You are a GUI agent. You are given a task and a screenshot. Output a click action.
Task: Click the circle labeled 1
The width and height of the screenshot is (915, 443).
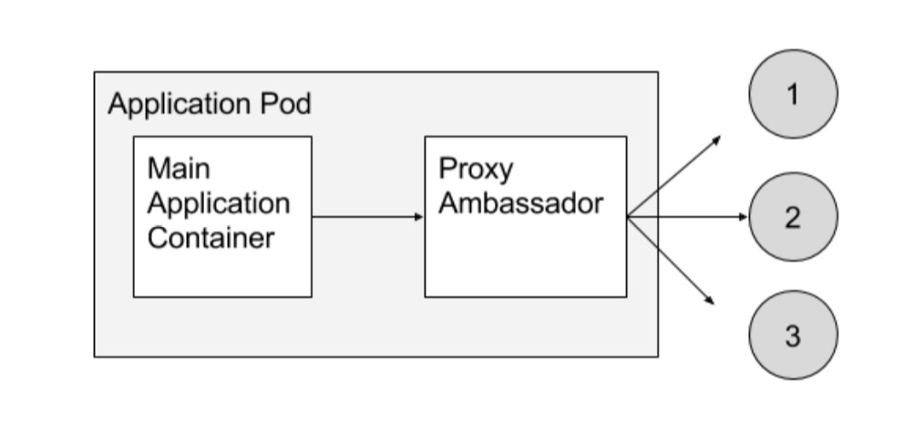coord(792,94)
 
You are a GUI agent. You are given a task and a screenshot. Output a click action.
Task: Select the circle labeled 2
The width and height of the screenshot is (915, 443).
coord(792,217)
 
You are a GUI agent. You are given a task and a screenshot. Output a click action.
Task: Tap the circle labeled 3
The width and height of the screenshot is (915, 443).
coord(792,335)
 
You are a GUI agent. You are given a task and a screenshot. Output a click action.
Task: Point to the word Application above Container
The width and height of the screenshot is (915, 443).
coord(218,202)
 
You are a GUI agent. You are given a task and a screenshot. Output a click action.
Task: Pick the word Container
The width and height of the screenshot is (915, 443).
coord(211,237)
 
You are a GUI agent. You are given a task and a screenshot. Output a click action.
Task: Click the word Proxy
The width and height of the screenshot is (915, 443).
coord(476,170)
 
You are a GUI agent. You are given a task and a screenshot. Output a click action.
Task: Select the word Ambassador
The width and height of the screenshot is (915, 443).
coord(520,202)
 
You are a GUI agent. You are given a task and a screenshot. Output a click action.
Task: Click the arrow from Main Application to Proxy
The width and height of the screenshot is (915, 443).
coord(367,217)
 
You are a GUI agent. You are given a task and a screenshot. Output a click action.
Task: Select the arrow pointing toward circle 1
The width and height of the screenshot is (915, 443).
coord(674,177)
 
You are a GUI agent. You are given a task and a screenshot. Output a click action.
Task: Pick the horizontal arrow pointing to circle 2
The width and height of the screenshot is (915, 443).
coord(688,217)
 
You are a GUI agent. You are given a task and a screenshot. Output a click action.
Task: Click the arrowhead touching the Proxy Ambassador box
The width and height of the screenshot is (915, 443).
coord(419,217)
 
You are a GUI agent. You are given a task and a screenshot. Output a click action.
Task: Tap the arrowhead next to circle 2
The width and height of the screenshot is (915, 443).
coord(743,217)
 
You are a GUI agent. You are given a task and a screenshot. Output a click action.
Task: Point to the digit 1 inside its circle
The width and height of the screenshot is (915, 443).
coord(792,94)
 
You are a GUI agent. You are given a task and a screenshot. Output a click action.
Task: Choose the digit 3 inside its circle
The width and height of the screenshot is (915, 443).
coord(792,335)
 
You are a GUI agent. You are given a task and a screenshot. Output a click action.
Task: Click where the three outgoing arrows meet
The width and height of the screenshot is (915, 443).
coord(628,217)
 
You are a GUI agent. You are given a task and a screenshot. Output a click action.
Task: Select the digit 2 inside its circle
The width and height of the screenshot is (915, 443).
coord(792,217)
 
